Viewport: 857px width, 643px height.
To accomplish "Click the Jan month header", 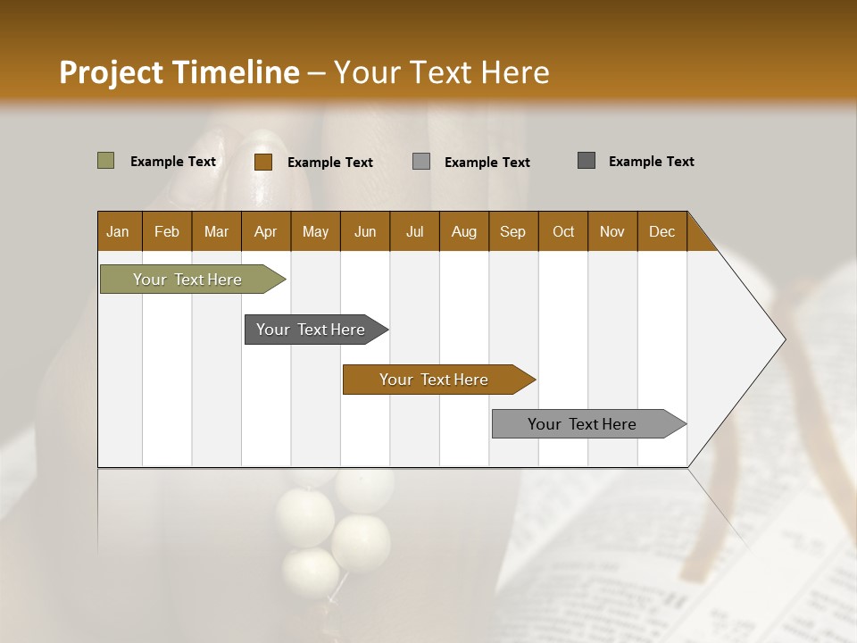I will coord(119,231).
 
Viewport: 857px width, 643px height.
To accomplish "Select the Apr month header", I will coord(266,231).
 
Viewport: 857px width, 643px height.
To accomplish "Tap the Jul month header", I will coord(414,231).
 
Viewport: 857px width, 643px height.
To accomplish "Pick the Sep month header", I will coord(513,231).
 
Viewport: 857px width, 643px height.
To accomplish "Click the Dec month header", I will coord(661,231).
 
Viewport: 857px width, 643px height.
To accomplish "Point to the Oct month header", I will coord(563,231).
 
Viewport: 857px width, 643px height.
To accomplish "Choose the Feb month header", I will coord(167,231).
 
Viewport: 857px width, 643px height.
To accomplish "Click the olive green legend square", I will coord(106,161).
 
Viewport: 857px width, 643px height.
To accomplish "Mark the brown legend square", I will coord(263,162).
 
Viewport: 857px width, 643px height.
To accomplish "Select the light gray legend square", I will coord(421,162).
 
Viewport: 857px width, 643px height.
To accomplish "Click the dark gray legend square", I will coord(587,161).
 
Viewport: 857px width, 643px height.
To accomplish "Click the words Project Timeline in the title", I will coord(179,72).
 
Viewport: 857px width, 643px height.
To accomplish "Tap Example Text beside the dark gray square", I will coord(651,162).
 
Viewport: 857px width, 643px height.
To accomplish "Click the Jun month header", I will coord(365,231).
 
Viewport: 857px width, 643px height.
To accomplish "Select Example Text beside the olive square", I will coord(173,162).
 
